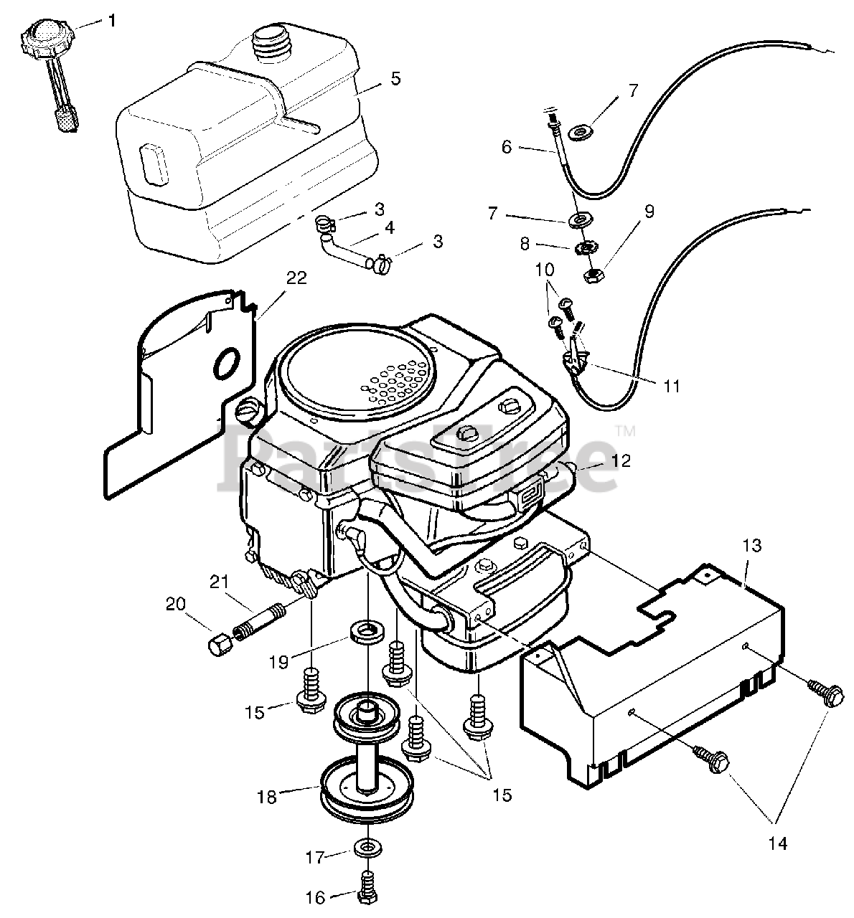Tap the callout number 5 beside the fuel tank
tap(395, 79)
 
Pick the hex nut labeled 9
tap(595, 273)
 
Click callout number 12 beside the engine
tap(621, 460)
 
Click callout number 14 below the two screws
tap(773, 843)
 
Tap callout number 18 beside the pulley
tap(266, 796)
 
